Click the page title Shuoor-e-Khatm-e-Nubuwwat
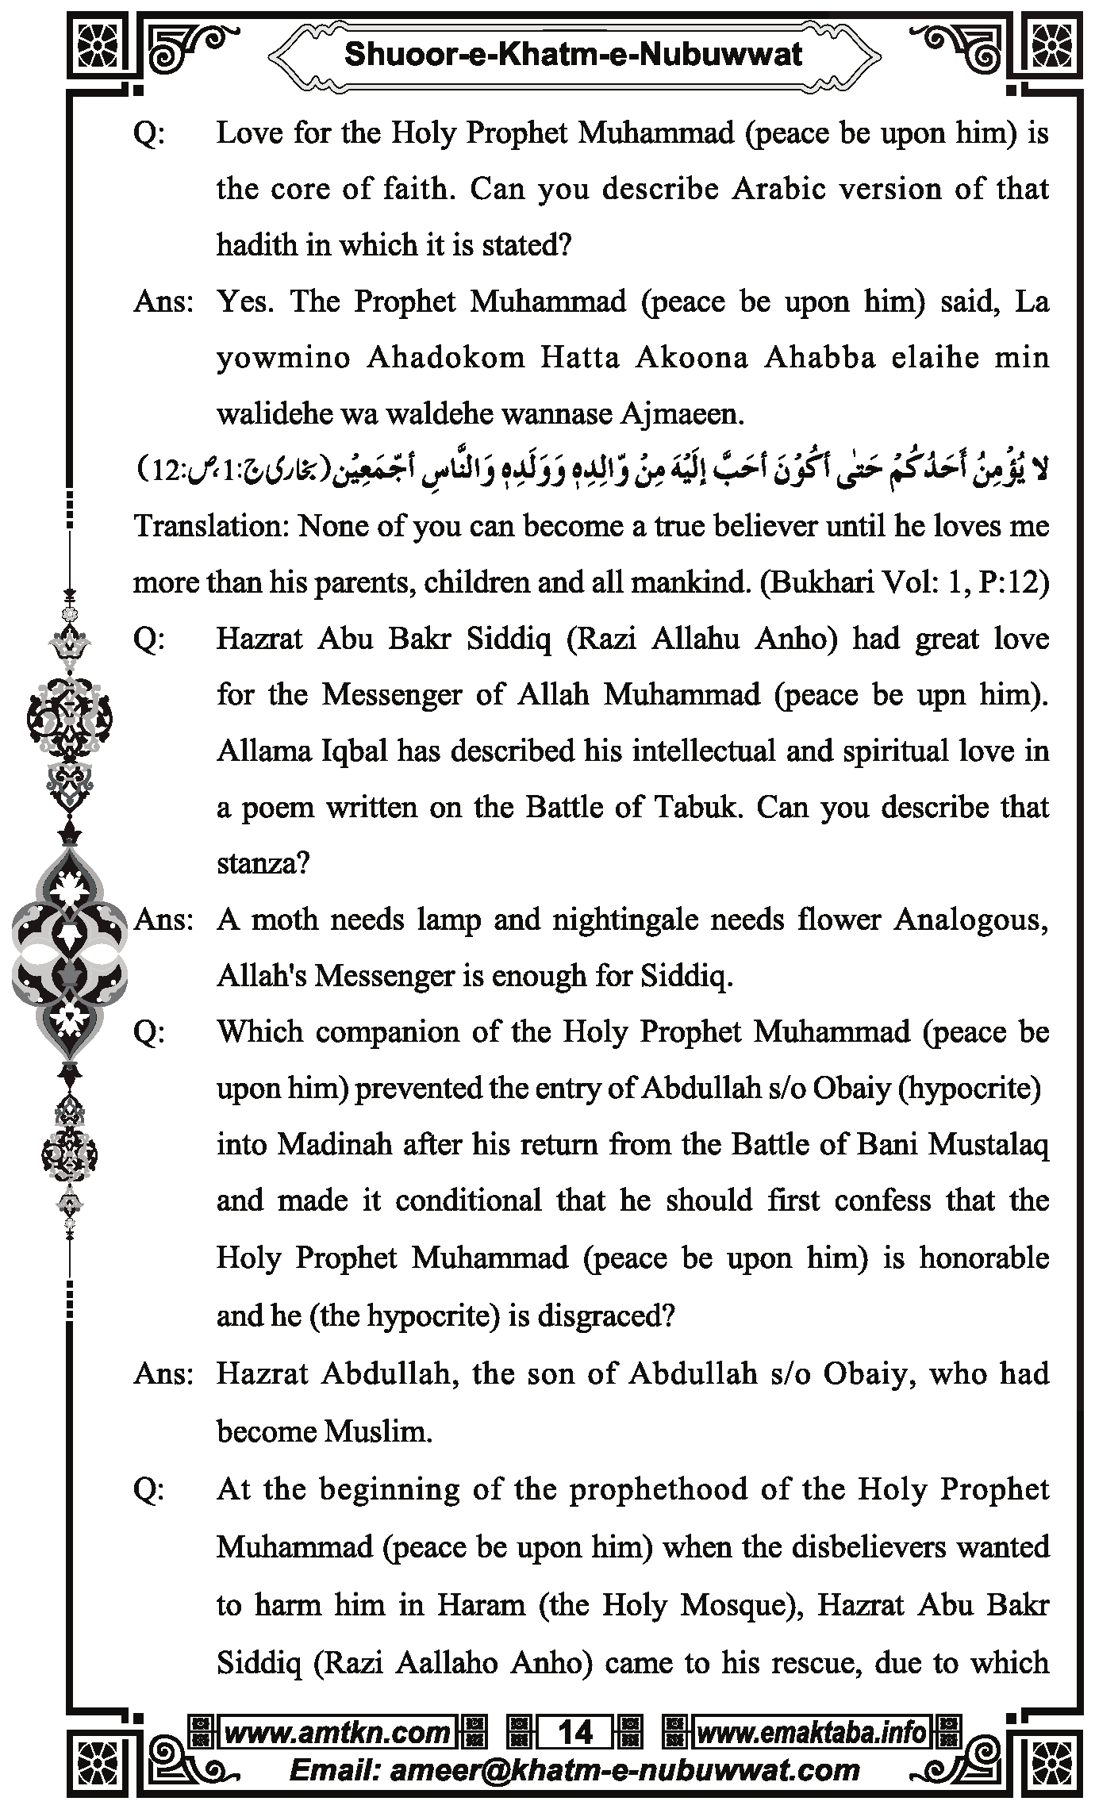click(573, 55)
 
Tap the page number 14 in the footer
click(575, 1732)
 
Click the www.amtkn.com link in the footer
click(337, 1732)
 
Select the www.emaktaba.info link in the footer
click(811, 1732)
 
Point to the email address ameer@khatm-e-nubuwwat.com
click(625, 1770)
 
